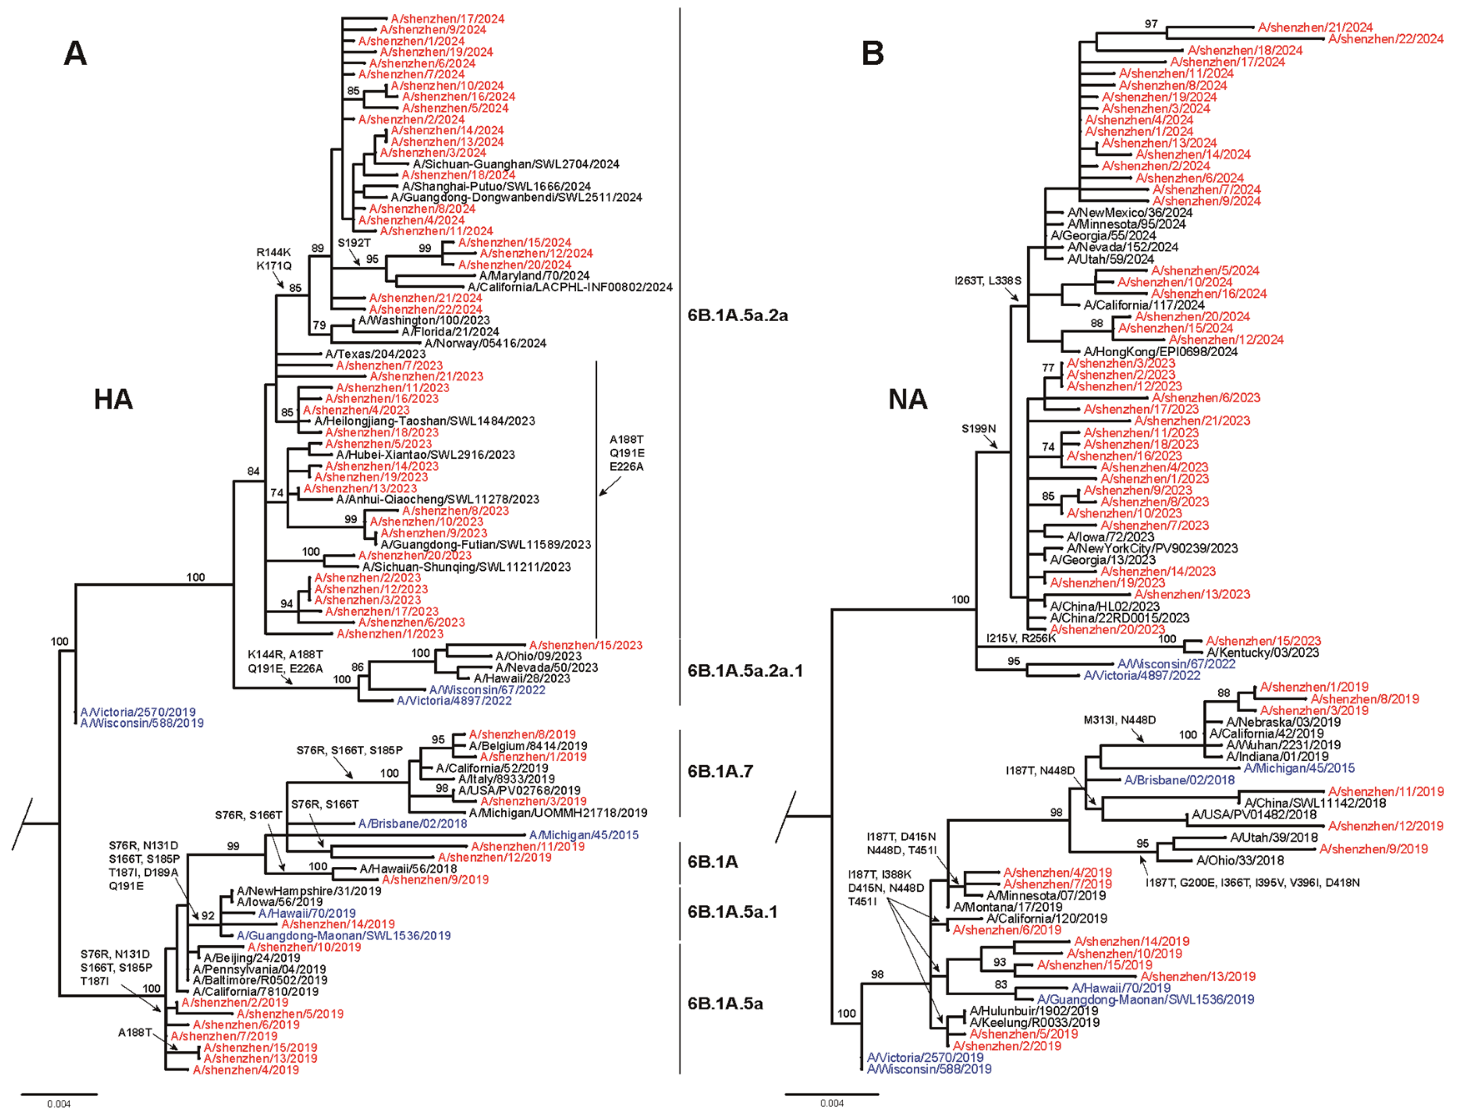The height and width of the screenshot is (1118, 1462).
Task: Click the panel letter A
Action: click(75, 53)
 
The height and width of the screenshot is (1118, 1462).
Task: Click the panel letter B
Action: click(873, 53)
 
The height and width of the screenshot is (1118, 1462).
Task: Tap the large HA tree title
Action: click(113, 399)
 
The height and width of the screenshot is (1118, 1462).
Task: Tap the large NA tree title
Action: click(908, 399)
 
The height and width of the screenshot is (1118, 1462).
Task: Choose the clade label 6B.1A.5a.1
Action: click(732, 911)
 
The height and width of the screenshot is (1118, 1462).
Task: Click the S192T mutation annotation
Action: click(354, 243)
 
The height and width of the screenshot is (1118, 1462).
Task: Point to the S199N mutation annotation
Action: click(978, 429)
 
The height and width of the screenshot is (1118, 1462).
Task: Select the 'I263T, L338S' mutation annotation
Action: click(987, 281)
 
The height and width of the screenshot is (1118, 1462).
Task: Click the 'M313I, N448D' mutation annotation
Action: click(1119, 720)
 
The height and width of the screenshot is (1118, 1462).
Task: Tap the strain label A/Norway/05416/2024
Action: click(485, 343)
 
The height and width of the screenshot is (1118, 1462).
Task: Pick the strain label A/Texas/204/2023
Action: click(375, 354)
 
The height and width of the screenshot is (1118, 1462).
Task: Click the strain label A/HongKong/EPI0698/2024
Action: click(1161, 351)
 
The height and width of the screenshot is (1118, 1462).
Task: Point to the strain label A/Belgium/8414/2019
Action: click(528, 746)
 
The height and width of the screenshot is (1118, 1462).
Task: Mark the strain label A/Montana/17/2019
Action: click(1007, 907)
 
